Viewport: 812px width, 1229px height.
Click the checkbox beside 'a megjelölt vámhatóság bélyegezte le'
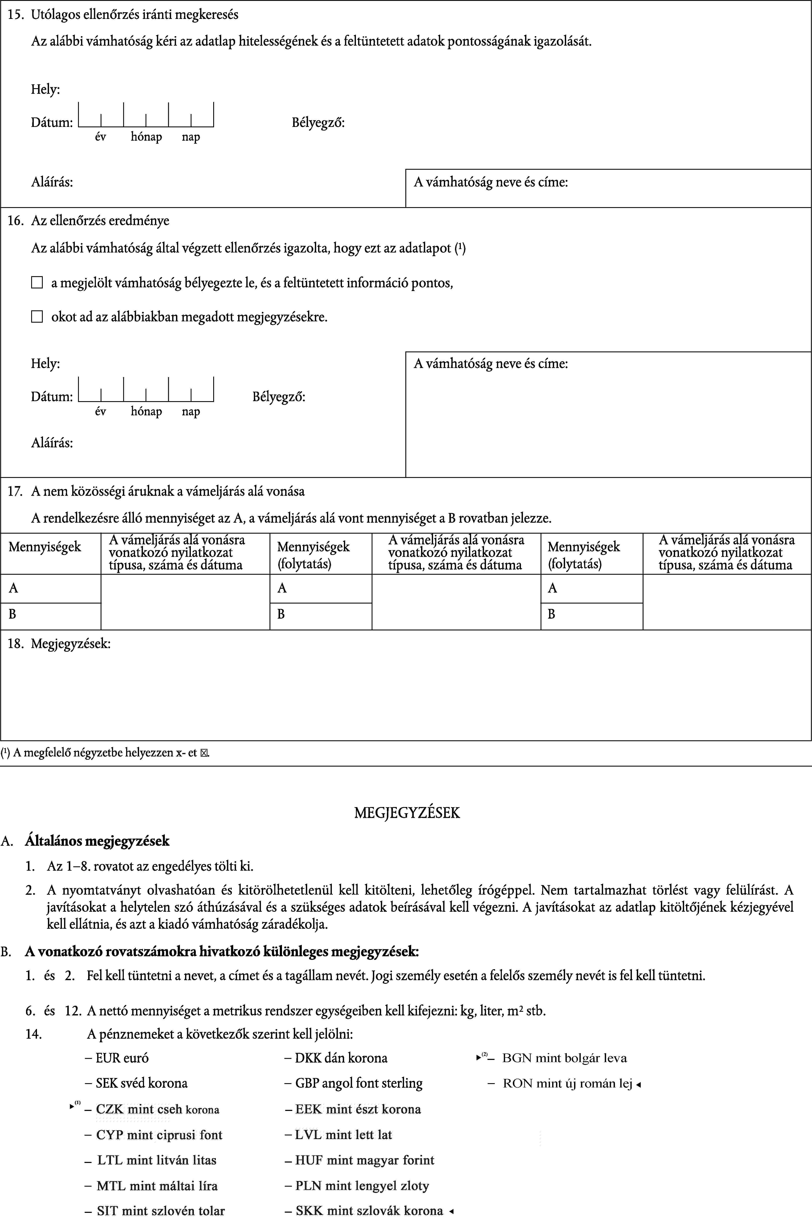[37, 283]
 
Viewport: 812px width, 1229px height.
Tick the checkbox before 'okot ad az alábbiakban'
[37, 317]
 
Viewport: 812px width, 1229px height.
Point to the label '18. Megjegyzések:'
[59, 644]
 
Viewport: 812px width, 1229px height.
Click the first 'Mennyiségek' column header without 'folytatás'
[45, 547]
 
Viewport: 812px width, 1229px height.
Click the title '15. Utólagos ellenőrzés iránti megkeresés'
[123, 14]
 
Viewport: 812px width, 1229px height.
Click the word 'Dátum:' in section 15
[52, 123]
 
